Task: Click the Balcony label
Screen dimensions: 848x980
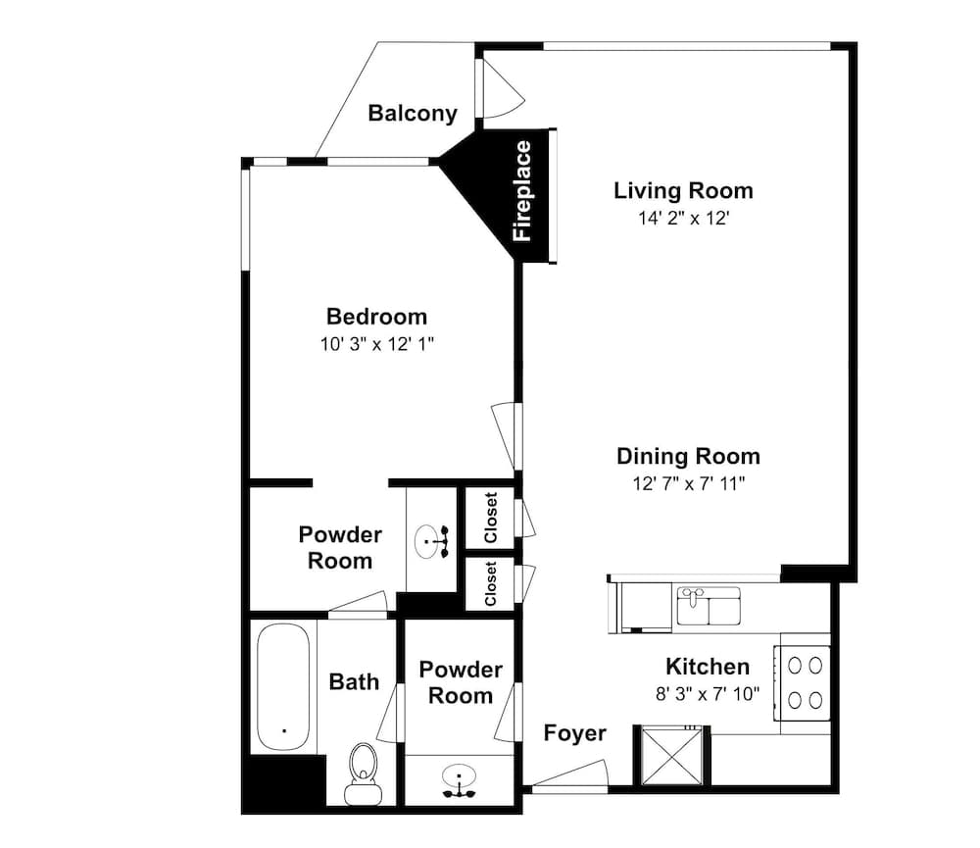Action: point(413,113)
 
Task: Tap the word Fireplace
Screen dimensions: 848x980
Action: point(523,191)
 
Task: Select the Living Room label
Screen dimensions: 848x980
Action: point(683,190)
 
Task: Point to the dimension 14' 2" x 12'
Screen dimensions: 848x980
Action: point(683,218)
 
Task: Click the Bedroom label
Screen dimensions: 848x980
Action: point(376,317)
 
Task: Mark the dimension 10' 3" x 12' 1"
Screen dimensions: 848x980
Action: point(376,344)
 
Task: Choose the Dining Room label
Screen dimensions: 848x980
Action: point(688,456)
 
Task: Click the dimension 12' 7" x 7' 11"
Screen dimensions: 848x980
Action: point(688,483)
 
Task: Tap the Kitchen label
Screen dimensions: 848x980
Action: point(708,667)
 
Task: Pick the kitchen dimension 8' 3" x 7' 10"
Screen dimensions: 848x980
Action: point(708,694)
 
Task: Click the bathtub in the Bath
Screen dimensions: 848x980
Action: point(284,686)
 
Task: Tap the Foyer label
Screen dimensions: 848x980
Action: point(575,733)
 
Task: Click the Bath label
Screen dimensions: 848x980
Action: point(354,681)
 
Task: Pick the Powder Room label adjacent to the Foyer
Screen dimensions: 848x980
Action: point(461,682)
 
